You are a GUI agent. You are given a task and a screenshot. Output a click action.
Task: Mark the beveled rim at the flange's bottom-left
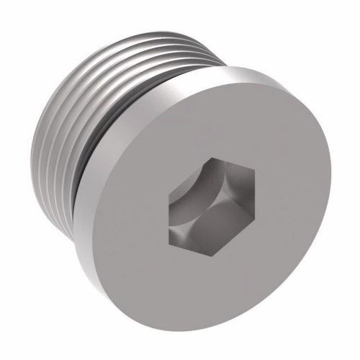click(x=108, y=259)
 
